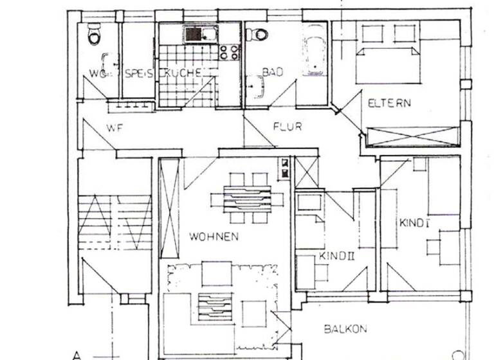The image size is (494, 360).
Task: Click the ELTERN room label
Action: pyautogui.click(x=389, y=103)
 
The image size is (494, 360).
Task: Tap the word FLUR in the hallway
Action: pyautogui.click(x=287, y=127)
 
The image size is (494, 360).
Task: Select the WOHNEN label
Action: pyautogui.click(x=214, y=237)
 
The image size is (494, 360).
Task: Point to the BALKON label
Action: pyautogui.click(x=345, y=328)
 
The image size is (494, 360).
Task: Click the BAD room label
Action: pyautogui.click(x=272, y=73)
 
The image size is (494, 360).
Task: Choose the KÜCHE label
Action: pyautogui.click(x=185, y=73)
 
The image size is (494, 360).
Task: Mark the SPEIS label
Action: pyautogui.click(x=138, y=73)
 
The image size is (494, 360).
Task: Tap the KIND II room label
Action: pyautogui.click(x=333, y=256)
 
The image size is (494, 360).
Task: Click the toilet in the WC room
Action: pyautogui.click(x=95, y=35)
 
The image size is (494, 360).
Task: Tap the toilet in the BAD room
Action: pyautogui.click(x=260, y=33)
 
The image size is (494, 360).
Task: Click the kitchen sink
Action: pyautogui.click(x=194, y=33)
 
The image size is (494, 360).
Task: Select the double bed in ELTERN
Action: pyautogui.click(x=394, y=61)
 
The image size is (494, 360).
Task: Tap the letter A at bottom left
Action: pyautogui.click(x=77, y=354)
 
